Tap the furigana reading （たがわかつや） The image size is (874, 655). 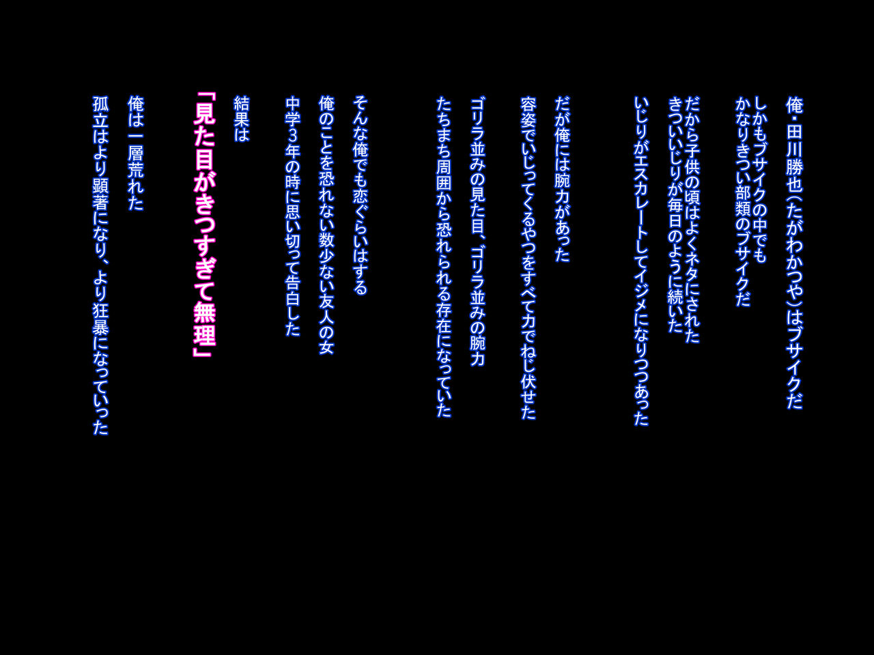tap(795, 250)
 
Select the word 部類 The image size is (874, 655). tap(743, 201)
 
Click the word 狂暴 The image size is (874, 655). tap(100, 320)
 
